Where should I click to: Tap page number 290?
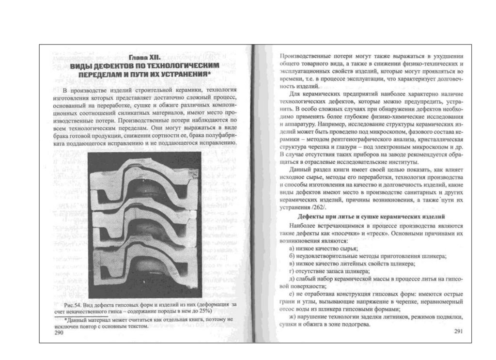59,333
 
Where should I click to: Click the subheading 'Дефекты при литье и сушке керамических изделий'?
371,216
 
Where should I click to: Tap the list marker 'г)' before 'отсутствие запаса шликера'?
291,271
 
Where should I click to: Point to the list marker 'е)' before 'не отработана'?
291,295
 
